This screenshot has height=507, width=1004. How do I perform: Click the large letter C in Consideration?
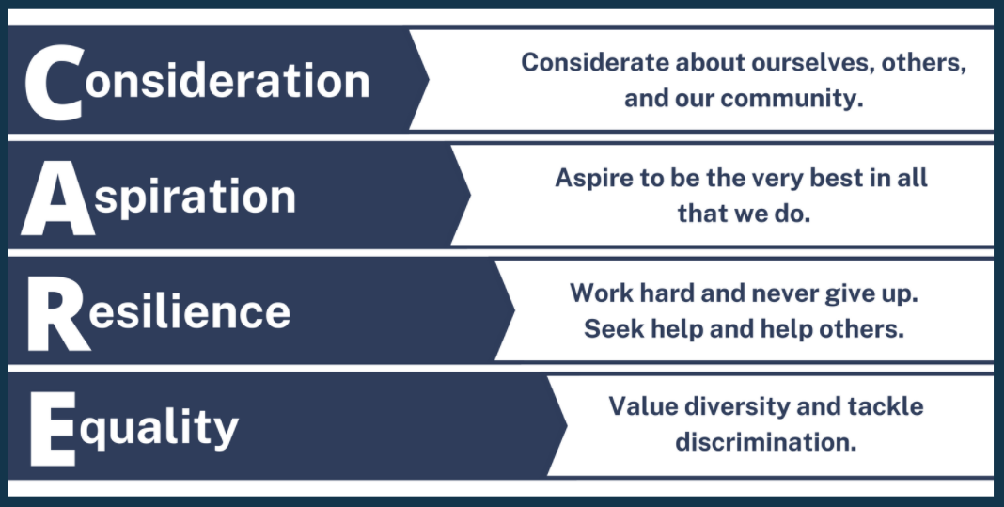click(54, 82)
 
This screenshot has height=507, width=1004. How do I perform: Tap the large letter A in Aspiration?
click(57, 197)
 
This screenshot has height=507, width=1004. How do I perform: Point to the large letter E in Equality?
click(53, 428)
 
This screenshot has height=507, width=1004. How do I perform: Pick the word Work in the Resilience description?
click(600, 293)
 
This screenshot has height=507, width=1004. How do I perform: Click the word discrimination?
click(766, 441)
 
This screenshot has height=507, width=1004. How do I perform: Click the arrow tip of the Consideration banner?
click(429, 79)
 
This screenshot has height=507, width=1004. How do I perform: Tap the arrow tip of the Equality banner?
click(566, 424)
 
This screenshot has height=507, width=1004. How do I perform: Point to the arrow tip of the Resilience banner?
click(513, 310)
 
